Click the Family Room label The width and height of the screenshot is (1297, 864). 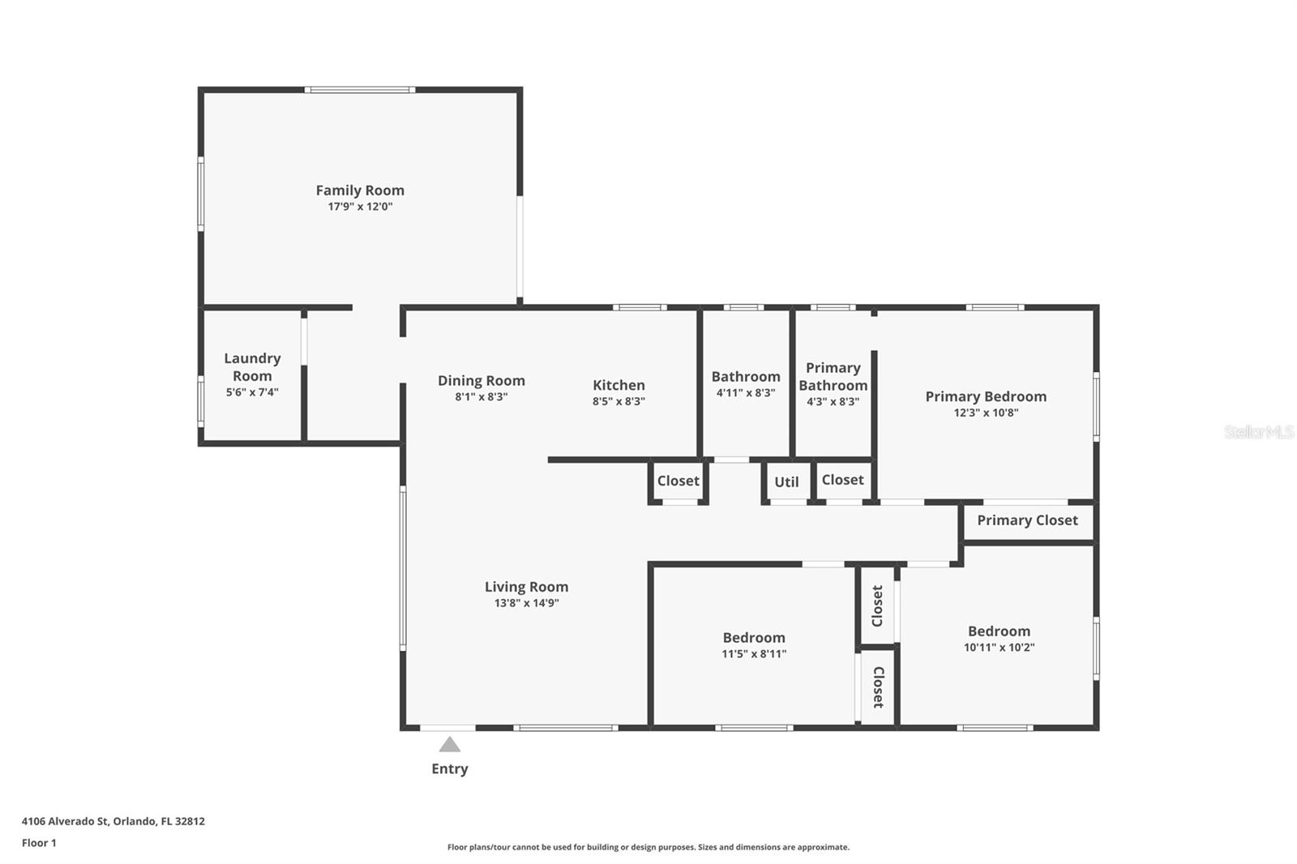click(x=360, y=190)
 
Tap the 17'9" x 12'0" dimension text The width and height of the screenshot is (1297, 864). click(x=360, y=206)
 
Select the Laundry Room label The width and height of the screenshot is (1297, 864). click(x=252, y=366)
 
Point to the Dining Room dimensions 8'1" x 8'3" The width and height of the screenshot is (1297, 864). click(x=482, y=396)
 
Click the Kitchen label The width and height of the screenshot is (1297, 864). click(x=619, y=384)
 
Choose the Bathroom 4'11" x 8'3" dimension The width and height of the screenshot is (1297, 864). click(x=746, y=392)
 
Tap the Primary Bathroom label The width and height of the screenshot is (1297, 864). click(x=833, y=376)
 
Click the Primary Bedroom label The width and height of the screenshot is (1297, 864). click(x=986, y=396)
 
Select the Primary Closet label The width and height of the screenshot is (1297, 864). click(x=1027, y=520)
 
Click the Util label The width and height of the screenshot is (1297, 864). click(x=786, y=481)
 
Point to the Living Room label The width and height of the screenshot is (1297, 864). click(x=526, y=587)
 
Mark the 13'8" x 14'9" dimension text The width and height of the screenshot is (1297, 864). click(x=526, y=603)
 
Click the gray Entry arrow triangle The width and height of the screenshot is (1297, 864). click(x=449, y=745)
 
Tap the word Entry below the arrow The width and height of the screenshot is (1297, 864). click(x=450, y=768)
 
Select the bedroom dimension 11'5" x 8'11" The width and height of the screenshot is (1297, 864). click(x=754, y=654)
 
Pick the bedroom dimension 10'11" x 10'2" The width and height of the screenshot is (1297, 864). click(x=999, y=648)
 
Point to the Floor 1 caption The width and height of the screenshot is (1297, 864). click(x=39, y=843)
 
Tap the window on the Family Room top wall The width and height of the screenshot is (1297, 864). click(x=360, y=90)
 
